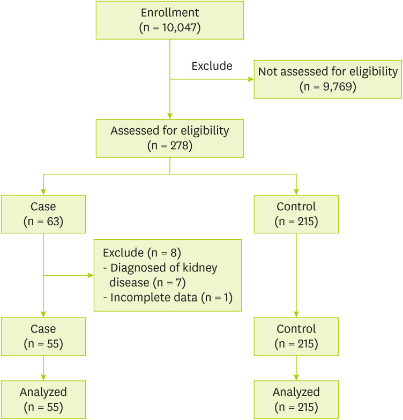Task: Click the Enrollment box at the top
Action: (x=170, y=20)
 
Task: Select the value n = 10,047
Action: (x=170, y=27)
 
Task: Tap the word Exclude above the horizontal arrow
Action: (x=212, y=66)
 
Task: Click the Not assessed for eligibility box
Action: (x=327, y=79)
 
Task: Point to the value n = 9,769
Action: (x=327, y=87)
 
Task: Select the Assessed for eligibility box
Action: (x=170, y=138)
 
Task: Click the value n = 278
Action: (x=170, y=145)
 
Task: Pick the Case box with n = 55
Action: (x=43, y=336)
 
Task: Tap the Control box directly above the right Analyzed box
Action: (x=296, y=336)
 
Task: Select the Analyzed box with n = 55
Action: (x=43, y=399)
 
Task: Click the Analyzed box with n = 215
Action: (x=296, y=399)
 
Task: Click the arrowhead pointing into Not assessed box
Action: (x=250, y=79)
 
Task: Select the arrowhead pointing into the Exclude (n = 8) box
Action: (x=90, y=276)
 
